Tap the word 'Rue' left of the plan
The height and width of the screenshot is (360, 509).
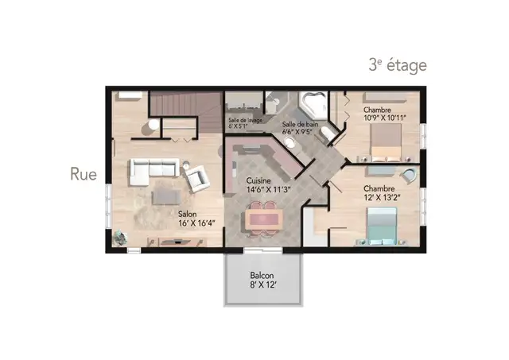coord(84,174)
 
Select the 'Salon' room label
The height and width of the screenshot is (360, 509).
coord(188,214)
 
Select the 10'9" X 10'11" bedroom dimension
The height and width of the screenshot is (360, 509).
coord(385,118)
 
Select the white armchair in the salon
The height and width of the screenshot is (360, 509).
coord(195,178)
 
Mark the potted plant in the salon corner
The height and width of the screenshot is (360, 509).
coord(120,238)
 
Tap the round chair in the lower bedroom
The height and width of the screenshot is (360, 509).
coord(409,175)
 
